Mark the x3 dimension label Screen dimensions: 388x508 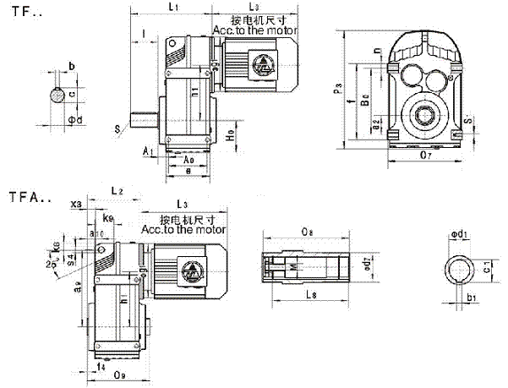(78, 205)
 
